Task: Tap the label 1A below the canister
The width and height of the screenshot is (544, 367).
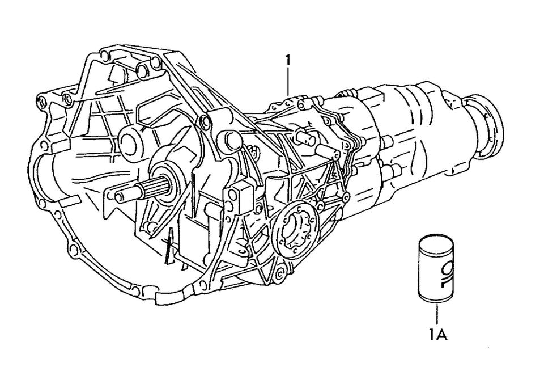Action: [x=437, y=335]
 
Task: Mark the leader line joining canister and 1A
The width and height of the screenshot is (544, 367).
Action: [x=437, y=314]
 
